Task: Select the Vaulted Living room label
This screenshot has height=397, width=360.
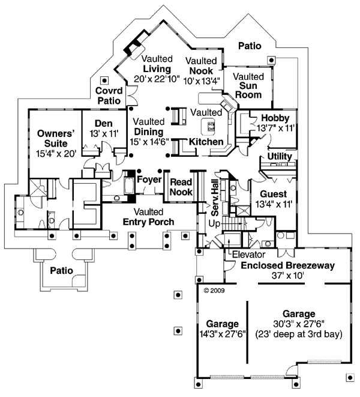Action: [157, 69]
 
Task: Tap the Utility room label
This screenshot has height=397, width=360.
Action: [280, 157]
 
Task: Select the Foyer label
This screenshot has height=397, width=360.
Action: [148, 180]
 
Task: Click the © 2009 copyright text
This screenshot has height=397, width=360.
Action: [214, 289]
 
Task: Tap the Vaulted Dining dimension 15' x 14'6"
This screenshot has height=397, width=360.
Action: [149, 142]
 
